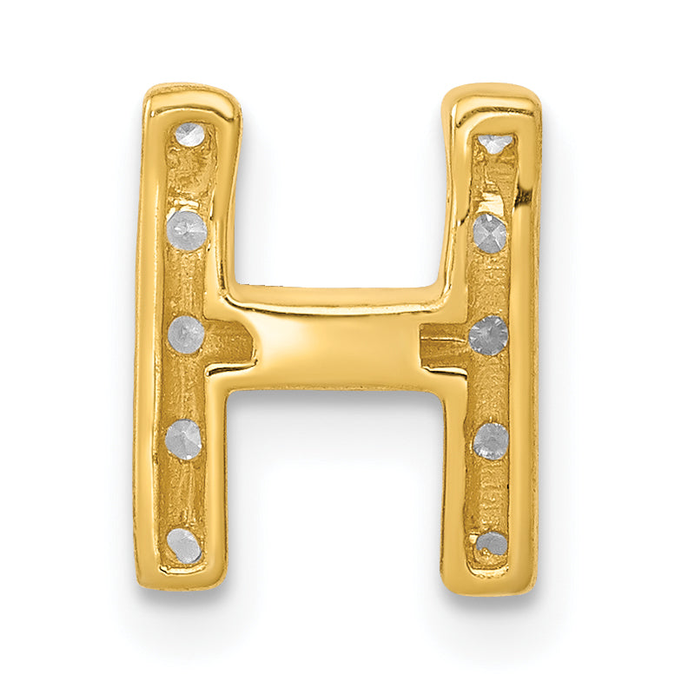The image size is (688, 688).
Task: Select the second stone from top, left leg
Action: click(187, 231)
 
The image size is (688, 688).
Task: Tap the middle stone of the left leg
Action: click(185, 333)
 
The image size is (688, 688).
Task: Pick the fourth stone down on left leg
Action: click(184, 439)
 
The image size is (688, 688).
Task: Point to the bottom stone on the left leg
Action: click(183, 545)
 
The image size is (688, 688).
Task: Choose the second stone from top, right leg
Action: click(490, 233)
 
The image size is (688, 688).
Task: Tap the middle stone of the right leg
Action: click(487, 335)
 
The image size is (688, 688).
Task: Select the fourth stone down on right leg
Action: click(491, 440)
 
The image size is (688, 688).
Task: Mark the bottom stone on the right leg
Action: click(492, 544)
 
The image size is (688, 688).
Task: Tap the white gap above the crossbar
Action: click(339, 191)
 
